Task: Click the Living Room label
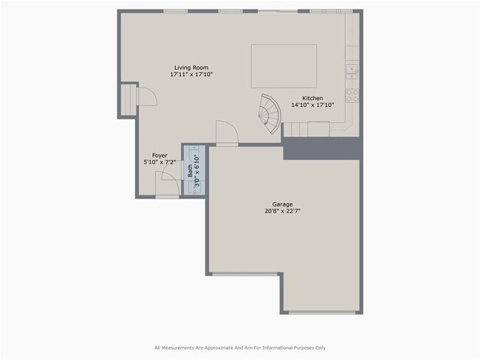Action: pos(191,68)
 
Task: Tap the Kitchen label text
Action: pos(312,98)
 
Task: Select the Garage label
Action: pos(283,204)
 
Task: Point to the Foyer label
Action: pos(160,156)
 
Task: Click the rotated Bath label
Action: pos(190,171)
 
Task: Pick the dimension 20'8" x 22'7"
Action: pos(283,211)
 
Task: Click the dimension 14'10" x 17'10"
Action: pos(312,105)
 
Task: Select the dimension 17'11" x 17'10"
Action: pos(191,75)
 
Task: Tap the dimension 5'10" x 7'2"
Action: pos(160,162)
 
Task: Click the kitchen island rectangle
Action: pos(284,66)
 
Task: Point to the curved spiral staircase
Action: pos(270,113)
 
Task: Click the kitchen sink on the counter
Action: pos(352,72)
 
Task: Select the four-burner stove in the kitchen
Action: pos(352,95)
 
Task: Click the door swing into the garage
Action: pos(227,133)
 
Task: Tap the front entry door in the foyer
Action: pos(167,184)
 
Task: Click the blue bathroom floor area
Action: pos(194,170)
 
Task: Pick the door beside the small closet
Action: pos(147,97)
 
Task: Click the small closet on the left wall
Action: pos(128,100)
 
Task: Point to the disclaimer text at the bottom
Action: pos(240,347)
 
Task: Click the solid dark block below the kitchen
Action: pos(322,149)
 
